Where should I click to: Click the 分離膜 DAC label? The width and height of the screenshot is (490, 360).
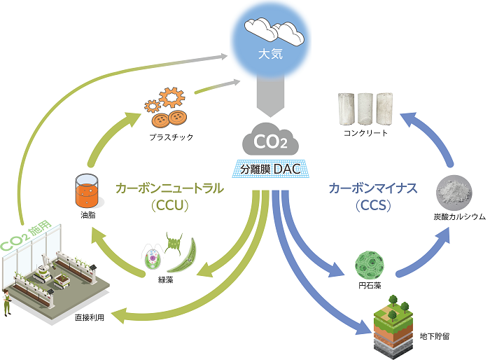(x=269, y=169)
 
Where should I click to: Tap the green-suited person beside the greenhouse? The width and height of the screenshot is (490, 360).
(x=9, y=303)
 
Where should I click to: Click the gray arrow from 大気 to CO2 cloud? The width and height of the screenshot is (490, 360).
(x=269, y=98)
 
